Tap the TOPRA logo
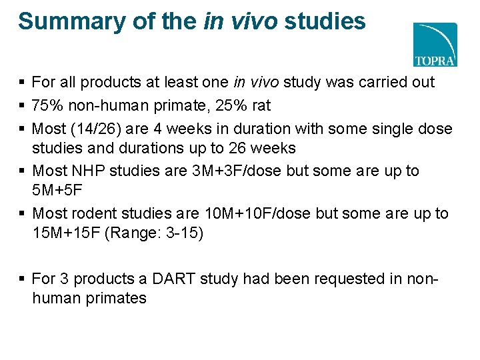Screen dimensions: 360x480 pos(435,45)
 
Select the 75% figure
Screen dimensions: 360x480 pos(47,105)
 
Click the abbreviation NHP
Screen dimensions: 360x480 pos(87,171)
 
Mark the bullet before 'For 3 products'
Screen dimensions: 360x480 pos(23,278)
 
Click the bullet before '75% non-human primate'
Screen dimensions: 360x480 pos(23,106)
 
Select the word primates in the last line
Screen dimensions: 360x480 pos(117,298)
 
